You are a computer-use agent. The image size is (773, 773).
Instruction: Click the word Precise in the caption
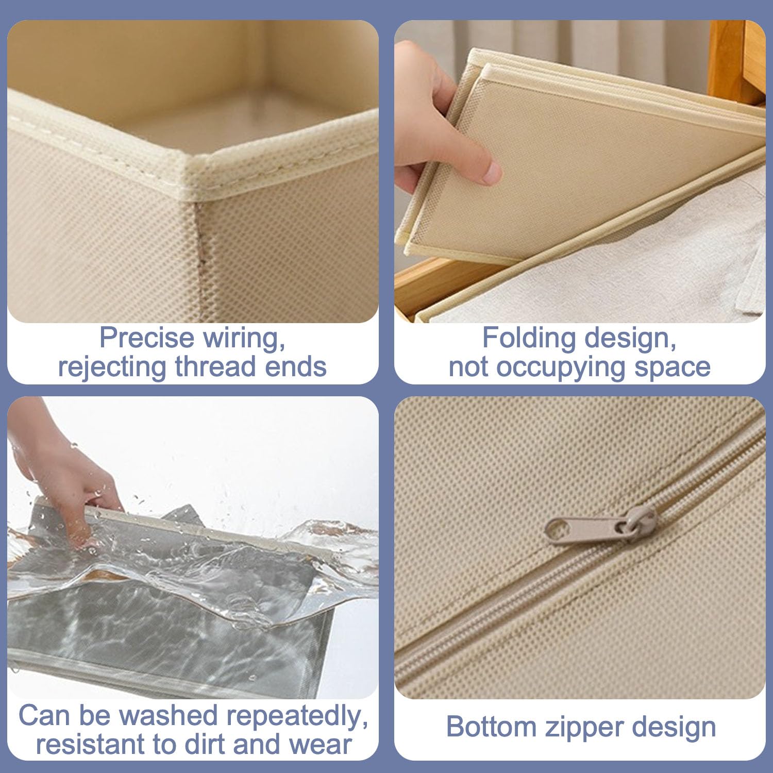146,338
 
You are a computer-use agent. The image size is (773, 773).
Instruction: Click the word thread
216,366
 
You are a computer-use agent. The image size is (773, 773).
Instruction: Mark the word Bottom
492,727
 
